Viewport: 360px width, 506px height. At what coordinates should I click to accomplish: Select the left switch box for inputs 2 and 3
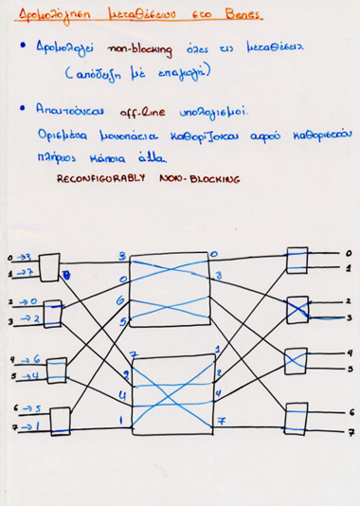(x=53, y=314)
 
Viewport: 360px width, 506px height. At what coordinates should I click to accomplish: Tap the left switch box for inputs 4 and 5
(x=56, y=369)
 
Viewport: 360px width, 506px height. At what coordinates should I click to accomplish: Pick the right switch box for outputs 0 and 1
(x=297, y=262)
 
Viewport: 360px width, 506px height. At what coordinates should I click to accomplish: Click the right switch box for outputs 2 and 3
(x=297, y=310)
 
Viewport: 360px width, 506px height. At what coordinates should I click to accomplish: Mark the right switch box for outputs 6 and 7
(x=297, y=417)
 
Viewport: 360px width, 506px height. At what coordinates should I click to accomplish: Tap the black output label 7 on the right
(x=351, y=432)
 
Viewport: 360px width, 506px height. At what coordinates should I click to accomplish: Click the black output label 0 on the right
(x=350, y=254)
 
